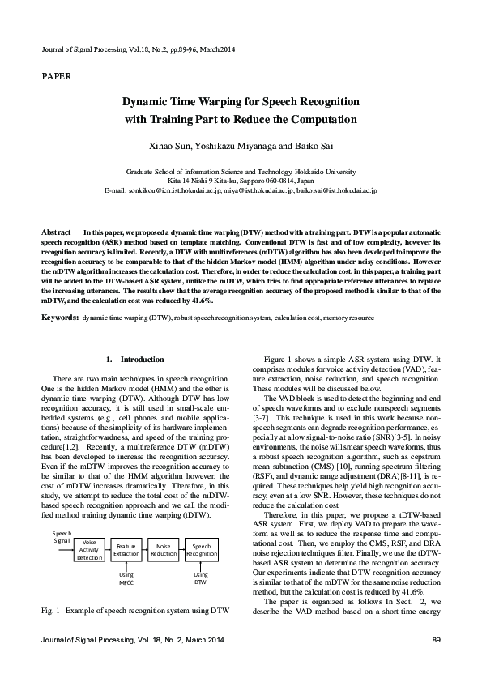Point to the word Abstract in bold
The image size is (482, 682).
point(58,232)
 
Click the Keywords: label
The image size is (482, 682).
point(60,318)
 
